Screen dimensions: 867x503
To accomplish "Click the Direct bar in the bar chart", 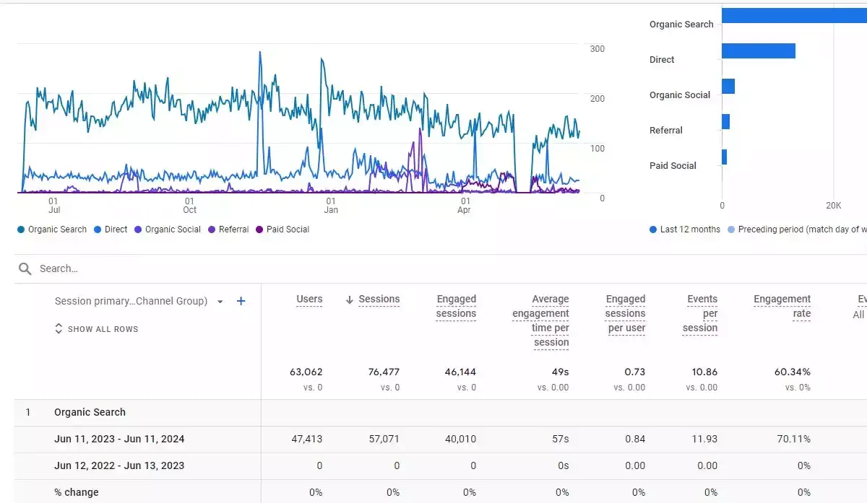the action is (x=759, y=51).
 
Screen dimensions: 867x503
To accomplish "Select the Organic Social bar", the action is (x=728, y=86).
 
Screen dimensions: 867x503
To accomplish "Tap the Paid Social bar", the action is (x=724, y=157).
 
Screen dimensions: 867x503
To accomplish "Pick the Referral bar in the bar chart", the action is (x=725, y=122).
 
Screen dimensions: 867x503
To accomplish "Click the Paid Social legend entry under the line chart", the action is (x=282, y=229).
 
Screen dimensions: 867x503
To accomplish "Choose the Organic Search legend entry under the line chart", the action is (x=52, y=229).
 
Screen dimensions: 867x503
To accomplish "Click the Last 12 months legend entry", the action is (x=685, y=229).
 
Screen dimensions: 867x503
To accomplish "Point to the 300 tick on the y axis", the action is (x=598, y=49).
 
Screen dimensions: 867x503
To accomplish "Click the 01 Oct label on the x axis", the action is (x=189, y=205).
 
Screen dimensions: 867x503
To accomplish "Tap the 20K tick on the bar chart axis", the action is (x=833, y=205).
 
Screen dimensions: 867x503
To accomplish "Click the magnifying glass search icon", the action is (x=25, y=268).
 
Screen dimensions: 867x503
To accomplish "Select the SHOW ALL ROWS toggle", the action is (x=96, y=329).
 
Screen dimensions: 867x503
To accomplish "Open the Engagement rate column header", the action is (x=782, y=306).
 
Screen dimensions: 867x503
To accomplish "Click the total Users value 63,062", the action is (x=306, y=372).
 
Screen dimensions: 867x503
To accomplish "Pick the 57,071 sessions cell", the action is (x=384, y=439).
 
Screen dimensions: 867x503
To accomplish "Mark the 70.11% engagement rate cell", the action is (x=793, y=439).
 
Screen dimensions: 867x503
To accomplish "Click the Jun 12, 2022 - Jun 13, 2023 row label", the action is (x=119, y=465).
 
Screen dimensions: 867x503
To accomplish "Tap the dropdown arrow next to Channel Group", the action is (x=220, y=302).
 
